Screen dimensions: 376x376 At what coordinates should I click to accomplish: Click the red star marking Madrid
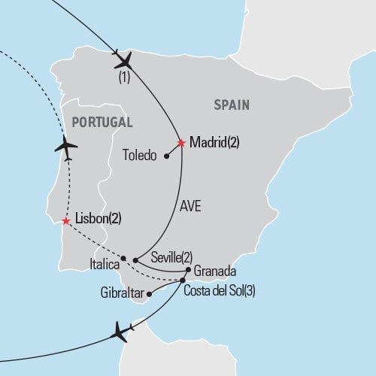(x=181, y=142)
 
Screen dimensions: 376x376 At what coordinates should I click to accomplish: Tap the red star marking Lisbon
(x=66, y=221)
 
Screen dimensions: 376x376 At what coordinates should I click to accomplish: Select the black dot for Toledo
(x=165, y=156)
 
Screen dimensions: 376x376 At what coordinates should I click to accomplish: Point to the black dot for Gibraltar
(x=149, y=294)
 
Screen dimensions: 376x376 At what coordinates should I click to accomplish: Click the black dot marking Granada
(x=187, y=269)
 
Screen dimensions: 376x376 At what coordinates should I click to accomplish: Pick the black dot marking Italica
(x=123, y=258)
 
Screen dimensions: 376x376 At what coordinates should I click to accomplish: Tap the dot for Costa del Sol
(x=183, y=280)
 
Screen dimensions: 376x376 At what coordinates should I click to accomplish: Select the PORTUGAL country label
(x=100, y=122)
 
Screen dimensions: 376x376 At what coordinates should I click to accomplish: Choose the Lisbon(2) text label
(x=99, y=220)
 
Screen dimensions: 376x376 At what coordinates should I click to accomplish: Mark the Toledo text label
(x=138, y=156)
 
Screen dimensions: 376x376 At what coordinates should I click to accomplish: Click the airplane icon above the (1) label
(x=122, y=59)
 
